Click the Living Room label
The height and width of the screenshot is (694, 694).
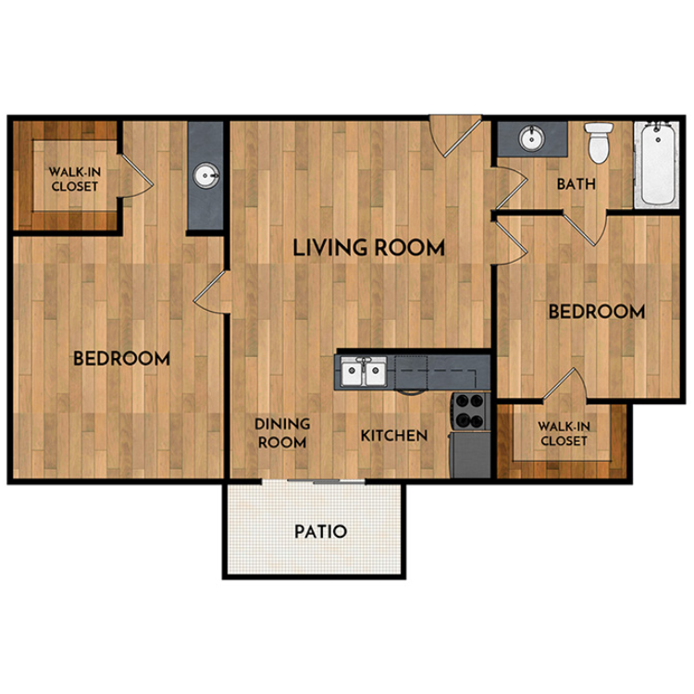pos(368,247)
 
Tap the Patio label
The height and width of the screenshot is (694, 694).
pos(320,531)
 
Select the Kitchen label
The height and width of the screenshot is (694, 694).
pos(394,436)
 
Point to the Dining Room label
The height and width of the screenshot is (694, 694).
pos(282,433)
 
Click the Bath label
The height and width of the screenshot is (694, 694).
pos(576,184)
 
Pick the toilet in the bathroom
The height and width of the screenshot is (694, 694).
pos(599,143)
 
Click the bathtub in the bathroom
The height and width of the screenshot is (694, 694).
pos(657,164)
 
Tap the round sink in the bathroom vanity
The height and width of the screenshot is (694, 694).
pos(531,138)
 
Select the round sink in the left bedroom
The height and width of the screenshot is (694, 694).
pos(206,176)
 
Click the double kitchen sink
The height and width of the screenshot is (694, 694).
pos(364,371)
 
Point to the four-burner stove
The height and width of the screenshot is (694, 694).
pos(470,411)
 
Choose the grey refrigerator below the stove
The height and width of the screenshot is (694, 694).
pos(470,455)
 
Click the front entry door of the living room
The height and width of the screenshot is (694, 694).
pos(456,137)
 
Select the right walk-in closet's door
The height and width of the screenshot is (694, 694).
pos(564,386)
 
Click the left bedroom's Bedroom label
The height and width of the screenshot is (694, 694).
pos(121,358)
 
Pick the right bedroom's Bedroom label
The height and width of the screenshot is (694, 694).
pos(597,312)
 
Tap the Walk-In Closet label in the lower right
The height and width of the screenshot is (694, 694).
pos(564,434)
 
